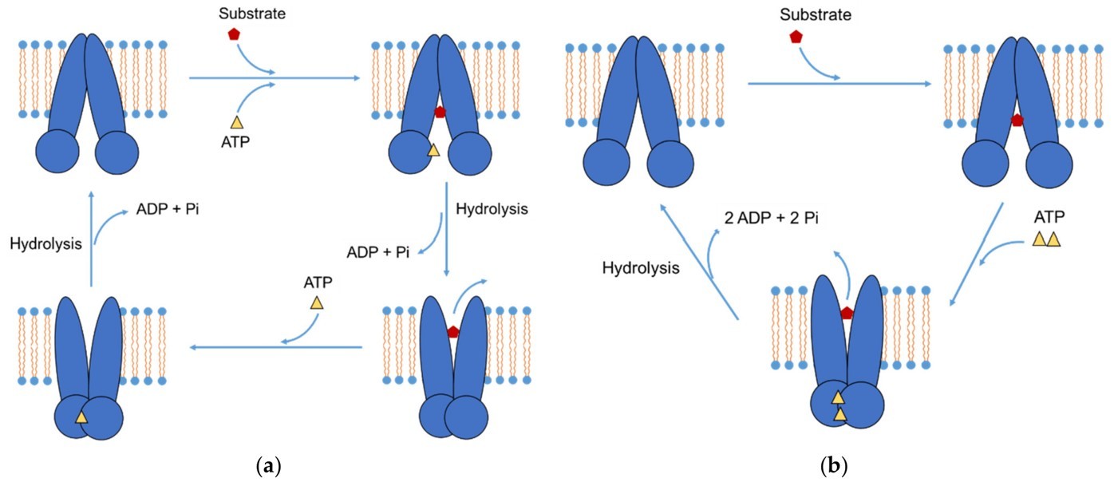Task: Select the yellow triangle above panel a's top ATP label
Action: point(236,122)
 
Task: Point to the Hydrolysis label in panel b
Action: point(641,268)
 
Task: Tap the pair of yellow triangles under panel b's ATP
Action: point(1046,239)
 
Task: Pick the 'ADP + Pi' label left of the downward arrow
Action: point(378,253)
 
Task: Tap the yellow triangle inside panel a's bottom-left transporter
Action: point(81,417)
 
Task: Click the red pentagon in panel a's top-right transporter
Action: point(439,112)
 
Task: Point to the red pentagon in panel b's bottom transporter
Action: point(847,314)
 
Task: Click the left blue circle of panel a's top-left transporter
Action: point(56,152)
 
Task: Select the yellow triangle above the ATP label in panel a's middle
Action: point(317,303)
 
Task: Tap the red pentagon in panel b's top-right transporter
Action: point(1017,121)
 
